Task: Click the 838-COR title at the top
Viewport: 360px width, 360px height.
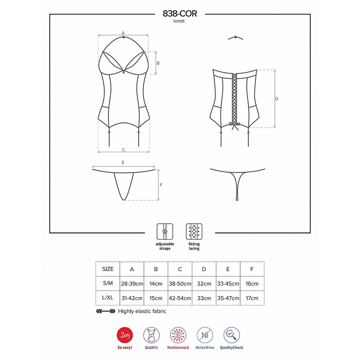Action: [x=180, y=14]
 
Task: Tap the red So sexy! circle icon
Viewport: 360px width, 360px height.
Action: [x=125, y=335]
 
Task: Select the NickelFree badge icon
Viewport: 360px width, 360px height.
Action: [x=205, y=335]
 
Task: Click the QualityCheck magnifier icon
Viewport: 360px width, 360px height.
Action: [x=231, y=335]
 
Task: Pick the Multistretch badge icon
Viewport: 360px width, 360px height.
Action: [x=178, y=335]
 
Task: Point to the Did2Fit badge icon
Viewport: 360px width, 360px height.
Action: [x=152, y=335]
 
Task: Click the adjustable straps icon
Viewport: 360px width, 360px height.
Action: [x=165, y=232]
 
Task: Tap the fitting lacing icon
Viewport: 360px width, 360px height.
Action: [x=194, y=232]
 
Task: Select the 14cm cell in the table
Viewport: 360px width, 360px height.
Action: [x=156, y=284]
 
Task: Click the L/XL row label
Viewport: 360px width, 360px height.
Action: [x=108, y=298]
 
